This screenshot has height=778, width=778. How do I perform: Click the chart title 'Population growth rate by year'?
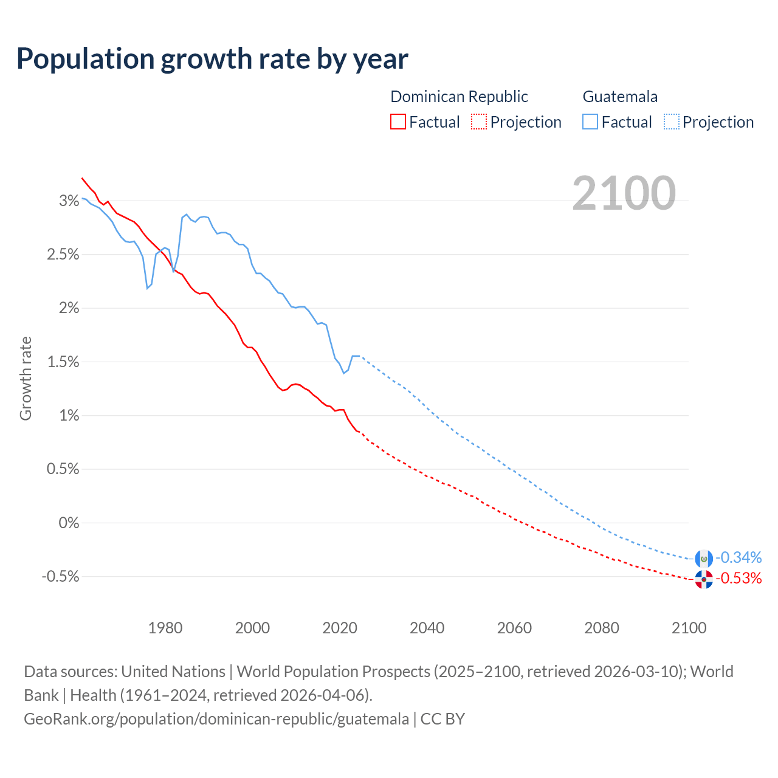coord(212,59)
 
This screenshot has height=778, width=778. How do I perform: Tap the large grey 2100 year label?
coord(624,193)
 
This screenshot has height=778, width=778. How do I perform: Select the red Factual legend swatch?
coord(398,122)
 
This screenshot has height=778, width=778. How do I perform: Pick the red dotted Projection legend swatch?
coord(479,122)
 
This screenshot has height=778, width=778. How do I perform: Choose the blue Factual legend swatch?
coord(590,122)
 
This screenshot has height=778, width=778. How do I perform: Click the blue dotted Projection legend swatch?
coord(671,122)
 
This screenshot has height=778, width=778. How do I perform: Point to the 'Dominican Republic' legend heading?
coord(459,97)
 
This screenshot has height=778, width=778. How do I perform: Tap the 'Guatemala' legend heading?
coord(620,97)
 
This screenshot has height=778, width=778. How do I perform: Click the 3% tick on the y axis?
coord(69,201)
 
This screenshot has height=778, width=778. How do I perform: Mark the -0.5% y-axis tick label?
coord(60,576)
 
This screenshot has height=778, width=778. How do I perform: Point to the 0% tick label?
coord(69,523)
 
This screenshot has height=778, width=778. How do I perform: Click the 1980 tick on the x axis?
coord(165,628)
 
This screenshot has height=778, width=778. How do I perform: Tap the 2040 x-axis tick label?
coord(427,628)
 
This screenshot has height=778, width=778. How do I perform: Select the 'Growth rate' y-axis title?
coord(26,378)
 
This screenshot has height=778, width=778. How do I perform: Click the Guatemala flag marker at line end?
coord(704,558)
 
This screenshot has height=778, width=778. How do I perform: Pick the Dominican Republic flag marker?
coord(704,579)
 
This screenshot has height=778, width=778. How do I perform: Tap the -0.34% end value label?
coord(738,557)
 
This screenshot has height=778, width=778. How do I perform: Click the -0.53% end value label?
coord(738,578)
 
